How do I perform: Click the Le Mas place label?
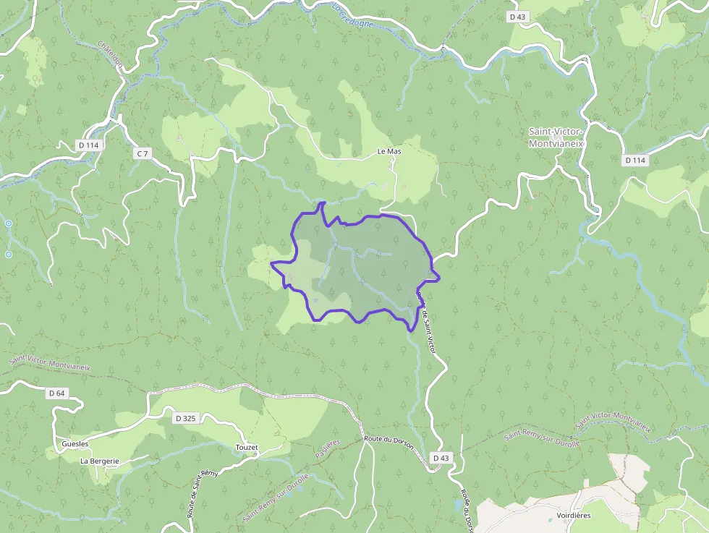pyautogui.click(x=389, y=152)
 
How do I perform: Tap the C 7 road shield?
pyautogui.click(x=142, y=153)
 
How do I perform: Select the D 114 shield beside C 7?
pyautogui.click(x=88, y=145)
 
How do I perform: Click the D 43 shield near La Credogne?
pyautogui.click(x=517, y=16)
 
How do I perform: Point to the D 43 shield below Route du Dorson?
pyautogui.click(x=441, y=458)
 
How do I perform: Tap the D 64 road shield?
pyautogui.click(x=56, y=393)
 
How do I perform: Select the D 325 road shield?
pyautogui.click(x=185, y=418)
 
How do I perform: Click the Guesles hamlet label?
pyautogui.click(x=75, y=443)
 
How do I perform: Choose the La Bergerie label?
pyautogui.click(x=99, y=461)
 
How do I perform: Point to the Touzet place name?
pyautogui.click(x=247, y=448)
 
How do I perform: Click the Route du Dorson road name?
pyautogui.click(x=389, y=442)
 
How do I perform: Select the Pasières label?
pyautogui.click(x=327, y=450)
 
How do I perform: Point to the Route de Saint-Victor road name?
pyautogui.click(x=428, y=329)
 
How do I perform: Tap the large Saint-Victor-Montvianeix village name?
pyautogui.click(x=556, y=137)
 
